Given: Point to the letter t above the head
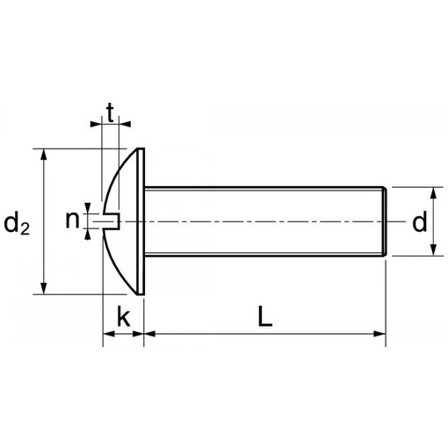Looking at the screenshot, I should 111,112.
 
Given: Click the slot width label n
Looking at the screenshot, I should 72,220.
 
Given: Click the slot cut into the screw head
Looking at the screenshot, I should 112,220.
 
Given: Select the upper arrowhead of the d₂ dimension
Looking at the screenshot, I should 42,155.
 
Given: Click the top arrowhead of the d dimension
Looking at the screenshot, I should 433,192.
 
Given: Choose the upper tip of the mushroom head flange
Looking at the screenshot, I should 140,150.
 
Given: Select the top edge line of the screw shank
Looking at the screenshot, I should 264,186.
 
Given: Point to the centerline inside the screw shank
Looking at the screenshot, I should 264,220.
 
